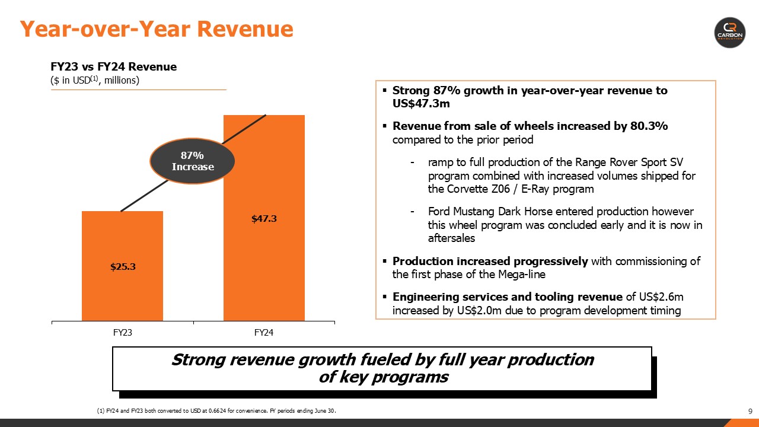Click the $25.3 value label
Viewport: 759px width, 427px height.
(x=123, y=266)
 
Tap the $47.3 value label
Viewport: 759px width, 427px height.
(x=264, y=218)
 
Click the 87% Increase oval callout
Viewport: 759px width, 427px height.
(x=192, y=161)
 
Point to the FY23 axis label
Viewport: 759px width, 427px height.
(x=122, y=333)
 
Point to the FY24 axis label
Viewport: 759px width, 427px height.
(x=264, y=333)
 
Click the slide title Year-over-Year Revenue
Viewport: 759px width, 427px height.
(x=157, y=28)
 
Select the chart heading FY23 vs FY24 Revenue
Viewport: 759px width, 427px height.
(x=113, y=67)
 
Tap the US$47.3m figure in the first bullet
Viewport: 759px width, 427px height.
(x=418, y=103)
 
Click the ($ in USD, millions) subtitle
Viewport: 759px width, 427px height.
(x=95, y=80)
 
